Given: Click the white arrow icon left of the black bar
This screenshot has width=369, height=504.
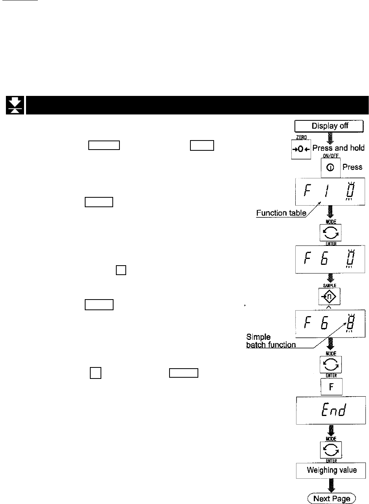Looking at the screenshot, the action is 15,105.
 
